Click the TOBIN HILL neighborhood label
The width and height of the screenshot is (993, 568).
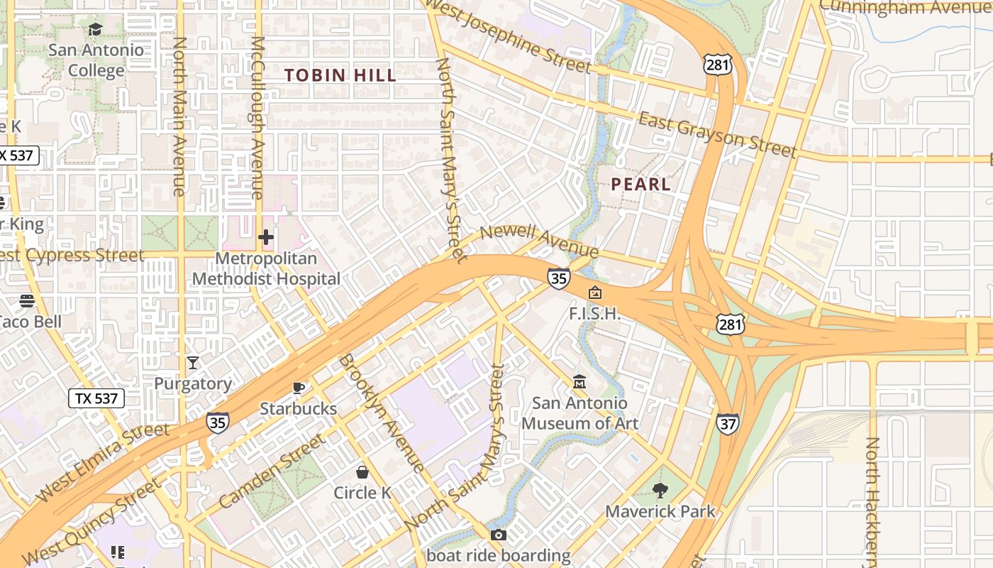point(340,75)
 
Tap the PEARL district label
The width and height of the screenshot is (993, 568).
point(640,185)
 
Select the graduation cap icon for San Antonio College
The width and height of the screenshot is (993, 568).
point(95,29)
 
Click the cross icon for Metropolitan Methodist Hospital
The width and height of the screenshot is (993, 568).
point(266,237)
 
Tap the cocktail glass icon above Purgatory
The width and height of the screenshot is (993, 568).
point(193,363)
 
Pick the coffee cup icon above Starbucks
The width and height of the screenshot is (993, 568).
point(299,388)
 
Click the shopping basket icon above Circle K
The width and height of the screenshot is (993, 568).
point(362,472)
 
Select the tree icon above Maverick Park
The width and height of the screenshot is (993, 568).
point(660,490)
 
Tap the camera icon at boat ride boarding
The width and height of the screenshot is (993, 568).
point(499,535)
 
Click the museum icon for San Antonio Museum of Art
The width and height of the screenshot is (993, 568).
point(579,382)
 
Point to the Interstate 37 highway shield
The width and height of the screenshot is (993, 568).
point(727,424)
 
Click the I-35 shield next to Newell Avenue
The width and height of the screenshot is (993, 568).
point(558,278)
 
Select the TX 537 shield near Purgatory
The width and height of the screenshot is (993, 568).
point(96,398)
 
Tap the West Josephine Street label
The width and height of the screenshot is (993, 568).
point(509,36)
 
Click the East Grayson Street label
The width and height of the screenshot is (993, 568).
point(717,134)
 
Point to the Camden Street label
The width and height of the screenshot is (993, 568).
point(271,471)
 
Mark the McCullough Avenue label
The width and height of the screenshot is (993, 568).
point(257,117)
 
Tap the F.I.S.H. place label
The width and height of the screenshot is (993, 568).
point(594,313)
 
